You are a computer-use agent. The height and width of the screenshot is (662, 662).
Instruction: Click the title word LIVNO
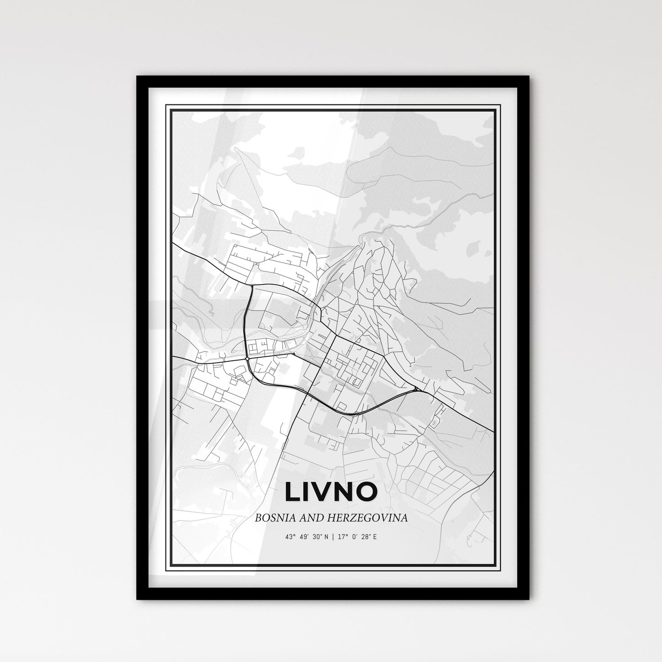coord(331,492)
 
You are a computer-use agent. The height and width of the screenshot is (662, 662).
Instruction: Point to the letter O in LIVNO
coord(366,492)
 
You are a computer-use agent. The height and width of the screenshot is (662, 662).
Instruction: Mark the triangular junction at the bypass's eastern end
coord(416,389)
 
